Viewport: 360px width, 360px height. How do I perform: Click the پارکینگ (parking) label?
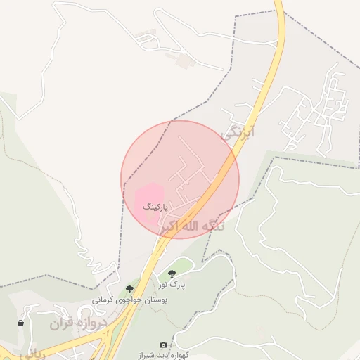(x=156, y=207)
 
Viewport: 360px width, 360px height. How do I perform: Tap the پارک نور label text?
(x=172, y=283)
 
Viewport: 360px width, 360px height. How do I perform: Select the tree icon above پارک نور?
(x=172, y=274)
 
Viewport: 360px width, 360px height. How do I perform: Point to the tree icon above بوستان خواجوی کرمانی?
(x=129, y=289)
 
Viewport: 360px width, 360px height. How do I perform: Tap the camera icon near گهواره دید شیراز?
(x=164, y=345)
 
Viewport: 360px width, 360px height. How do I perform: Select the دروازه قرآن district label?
(x=78, y=324)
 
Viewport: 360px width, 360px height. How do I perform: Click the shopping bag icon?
(x=21, y=323)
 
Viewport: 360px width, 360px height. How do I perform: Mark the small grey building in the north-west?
(x=183, y=61)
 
